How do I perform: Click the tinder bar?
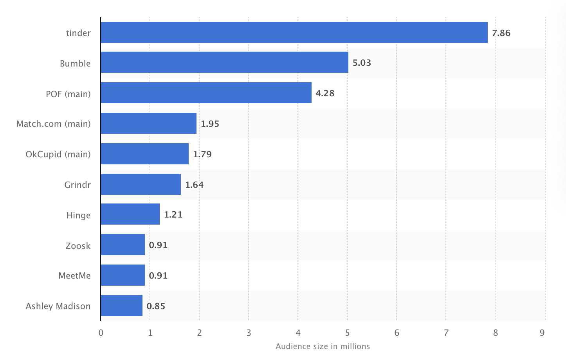point(294,32)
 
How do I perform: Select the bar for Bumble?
point(224,62)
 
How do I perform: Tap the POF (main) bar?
point(206,93)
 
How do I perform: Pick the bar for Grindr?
point(141,184)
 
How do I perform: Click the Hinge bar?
point(130,214)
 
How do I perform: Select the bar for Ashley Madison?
point(121,306)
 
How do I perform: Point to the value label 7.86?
point(501,33)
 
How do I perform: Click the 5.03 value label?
point(362,63)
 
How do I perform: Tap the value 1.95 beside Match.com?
point(210,124)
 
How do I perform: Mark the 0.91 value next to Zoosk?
point(158,245)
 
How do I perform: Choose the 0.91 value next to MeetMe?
point(158,276)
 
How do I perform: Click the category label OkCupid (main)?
point(58,154)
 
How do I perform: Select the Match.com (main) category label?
point(53,124)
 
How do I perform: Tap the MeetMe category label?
point(74,275)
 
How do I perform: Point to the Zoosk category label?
point(78,246)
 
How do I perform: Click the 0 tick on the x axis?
point(101,333)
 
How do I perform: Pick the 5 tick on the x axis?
point(347,333)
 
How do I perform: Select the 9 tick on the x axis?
point(542,333)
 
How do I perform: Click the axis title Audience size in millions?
point(323,346)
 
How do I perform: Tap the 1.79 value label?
point(202,155)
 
